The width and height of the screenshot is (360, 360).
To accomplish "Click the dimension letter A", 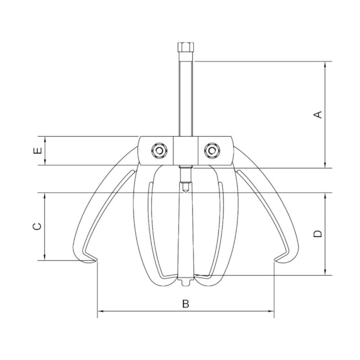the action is pyautogui.click(x=318, y=114).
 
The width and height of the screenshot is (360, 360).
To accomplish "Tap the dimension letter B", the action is pyautogui.click(x=186, y=304).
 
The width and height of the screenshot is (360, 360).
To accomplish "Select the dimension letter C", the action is pyautogui.click(x=38, y=226).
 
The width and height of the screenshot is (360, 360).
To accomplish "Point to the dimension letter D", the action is pyautogui.click(x=318, y=234).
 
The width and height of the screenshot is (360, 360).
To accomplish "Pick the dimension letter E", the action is pyautogui.click(x=38, y=151).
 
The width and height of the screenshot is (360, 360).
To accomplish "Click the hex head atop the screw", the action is pyautogui.click(x=186, y=48).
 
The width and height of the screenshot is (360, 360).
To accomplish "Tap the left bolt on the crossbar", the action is pyautogui.click(x=159, y=151).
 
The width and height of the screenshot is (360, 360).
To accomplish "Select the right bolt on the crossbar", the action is pyautogui.click(x=212, y=151).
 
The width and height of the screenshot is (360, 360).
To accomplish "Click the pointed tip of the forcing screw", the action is pyautogui.click(x=186, y=192).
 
